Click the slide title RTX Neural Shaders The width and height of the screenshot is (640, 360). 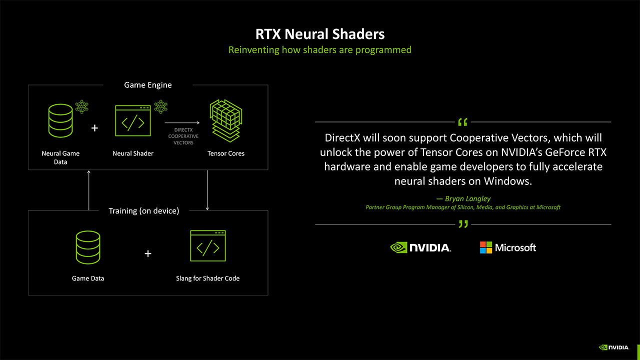point(320,34)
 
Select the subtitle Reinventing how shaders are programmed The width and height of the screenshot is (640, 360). point(320,50)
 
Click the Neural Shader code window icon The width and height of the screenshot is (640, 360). point(132,120)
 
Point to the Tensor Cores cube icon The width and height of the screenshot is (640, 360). point(225,120)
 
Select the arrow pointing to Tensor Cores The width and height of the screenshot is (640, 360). point(182,122)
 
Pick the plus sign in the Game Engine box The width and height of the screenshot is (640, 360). point(95,128)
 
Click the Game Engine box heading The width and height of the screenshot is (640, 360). point(147,85)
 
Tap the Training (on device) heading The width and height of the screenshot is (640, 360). point(143,211)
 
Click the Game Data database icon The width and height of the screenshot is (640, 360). point(88,247)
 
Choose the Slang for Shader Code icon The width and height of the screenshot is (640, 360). point(207,246)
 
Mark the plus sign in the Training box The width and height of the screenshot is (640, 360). point(148,253)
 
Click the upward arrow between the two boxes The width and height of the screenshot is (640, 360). point(88,190)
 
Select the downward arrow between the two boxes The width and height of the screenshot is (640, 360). point(207,190)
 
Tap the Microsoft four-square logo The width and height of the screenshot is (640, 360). point(486,247)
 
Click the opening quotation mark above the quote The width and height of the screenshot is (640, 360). point(463,122)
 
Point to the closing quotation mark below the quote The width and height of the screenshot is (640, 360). point(463,224)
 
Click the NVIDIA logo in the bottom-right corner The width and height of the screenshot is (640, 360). point(613,347)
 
